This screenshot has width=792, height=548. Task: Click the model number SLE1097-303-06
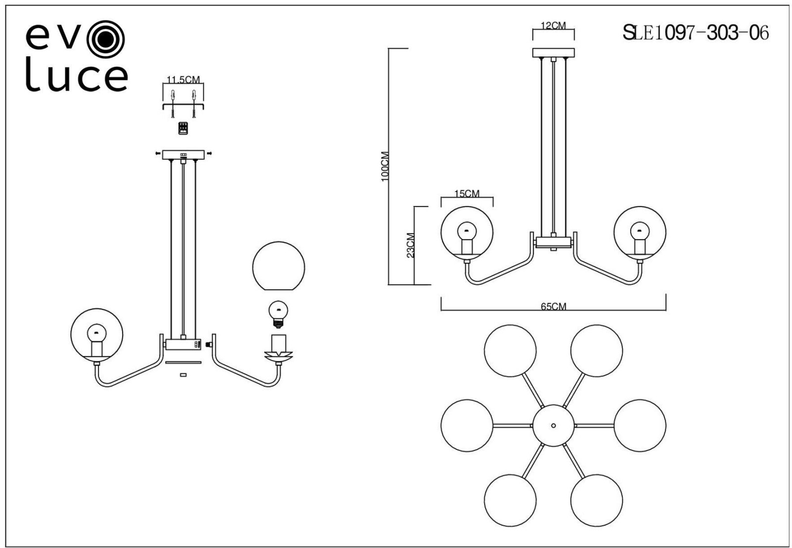[x=695, y=33]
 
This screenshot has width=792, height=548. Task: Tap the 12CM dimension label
[x=553, y=26]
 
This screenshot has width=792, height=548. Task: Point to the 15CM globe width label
[x=467, y=194]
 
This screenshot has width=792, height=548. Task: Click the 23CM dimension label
[x=410, y=245]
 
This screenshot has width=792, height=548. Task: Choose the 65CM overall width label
[x=553, y=306]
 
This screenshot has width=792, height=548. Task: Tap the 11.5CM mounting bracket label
[x=183, y=80]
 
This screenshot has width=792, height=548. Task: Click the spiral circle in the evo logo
[x=105, y=39]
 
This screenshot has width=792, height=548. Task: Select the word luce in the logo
[x=77, y=78]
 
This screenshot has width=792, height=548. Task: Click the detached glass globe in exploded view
[x=278, y=266]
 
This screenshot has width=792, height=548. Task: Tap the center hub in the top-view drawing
[x=553, y=425]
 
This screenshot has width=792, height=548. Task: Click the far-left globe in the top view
[x=467, y=425]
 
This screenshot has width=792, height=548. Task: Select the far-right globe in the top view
[x=640, y=425]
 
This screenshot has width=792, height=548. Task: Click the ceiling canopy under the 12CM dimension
[x=553, y=52]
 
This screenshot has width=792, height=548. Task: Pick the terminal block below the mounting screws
[x=183, y=128]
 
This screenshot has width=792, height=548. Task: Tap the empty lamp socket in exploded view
[x=279, y=343]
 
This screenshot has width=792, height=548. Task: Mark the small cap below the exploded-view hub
[x=183, y=375]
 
